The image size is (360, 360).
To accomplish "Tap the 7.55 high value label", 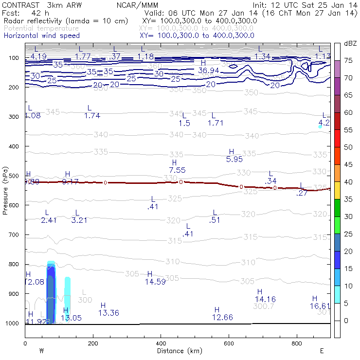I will click(x=177, y=170).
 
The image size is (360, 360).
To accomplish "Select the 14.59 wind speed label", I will click(x=154, y=281).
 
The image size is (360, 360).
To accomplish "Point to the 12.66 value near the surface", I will click(x=222, y=317).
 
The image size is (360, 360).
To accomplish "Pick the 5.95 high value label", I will click(x=234, y=159).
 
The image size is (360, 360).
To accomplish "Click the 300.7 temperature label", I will click(x=264, y=306).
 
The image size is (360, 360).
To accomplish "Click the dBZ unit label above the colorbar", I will click(x=350, y=44).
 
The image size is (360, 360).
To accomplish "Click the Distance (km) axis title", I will click(x=178, y=351).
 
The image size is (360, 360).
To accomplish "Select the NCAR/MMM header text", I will click(x=137, y=5).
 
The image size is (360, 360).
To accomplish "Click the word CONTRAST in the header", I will click(x=19, y=5).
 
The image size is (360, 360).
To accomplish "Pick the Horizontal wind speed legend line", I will click(x=41, y=36).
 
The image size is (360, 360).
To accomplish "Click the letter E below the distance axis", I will click(x=322, y=351).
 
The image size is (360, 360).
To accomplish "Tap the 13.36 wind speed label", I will click(x=108, y=313).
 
